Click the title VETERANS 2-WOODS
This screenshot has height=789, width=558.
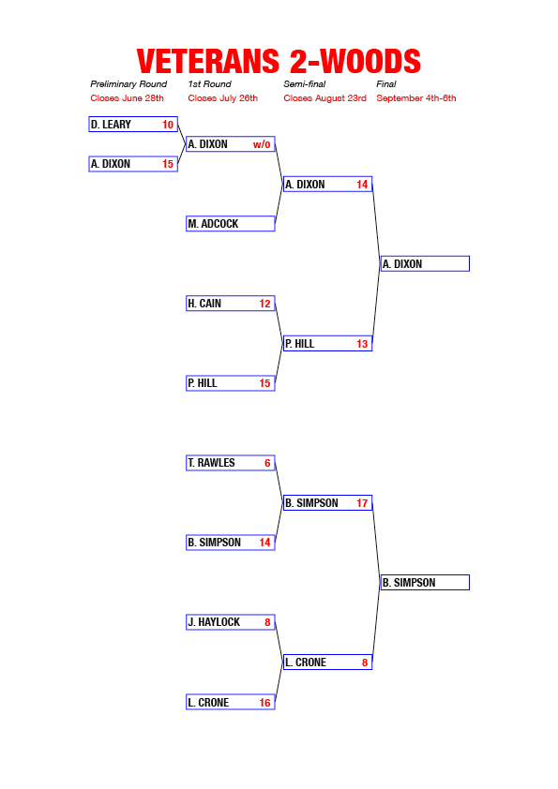[279, 62]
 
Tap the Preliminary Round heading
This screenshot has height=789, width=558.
[128, 84]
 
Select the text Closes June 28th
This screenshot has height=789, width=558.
[127, 98]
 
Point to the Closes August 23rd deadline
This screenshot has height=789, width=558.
[324, 98]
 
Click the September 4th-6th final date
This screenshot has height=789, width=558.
[416, 98]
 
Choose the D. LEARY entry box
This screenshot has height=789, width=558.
[133, 125]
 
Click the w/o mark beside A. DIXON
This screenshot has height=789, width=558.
[262, 144]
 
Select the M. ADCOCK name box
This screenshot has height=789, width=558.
[231, 223]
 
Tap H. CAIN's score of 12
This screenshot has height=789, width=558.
[264, 304]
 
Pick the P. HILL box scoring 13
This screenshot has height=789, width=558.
[328, 343]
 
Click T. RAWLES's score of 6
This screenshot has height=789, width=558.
[267, 463]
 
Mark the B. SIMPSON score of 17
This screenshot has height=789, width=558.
[362, 503]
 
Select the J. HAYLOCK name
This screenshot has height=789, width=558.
[214, 622]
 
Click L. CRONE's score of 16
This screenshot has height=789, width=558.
[264, 703]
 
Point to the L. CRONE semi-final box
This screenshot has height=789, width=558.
[328, 662]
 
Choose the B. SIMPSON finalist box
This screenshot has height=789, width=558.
[425, 582]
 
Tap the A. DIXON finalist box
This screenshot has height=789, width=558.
[425, 263]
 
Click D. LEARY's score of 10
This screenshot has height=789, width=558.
[168, 125]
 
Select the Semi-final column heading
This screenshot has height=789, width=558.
[304, 84]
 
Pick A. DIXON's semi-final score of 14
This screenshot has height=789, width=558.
[362, 185]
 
